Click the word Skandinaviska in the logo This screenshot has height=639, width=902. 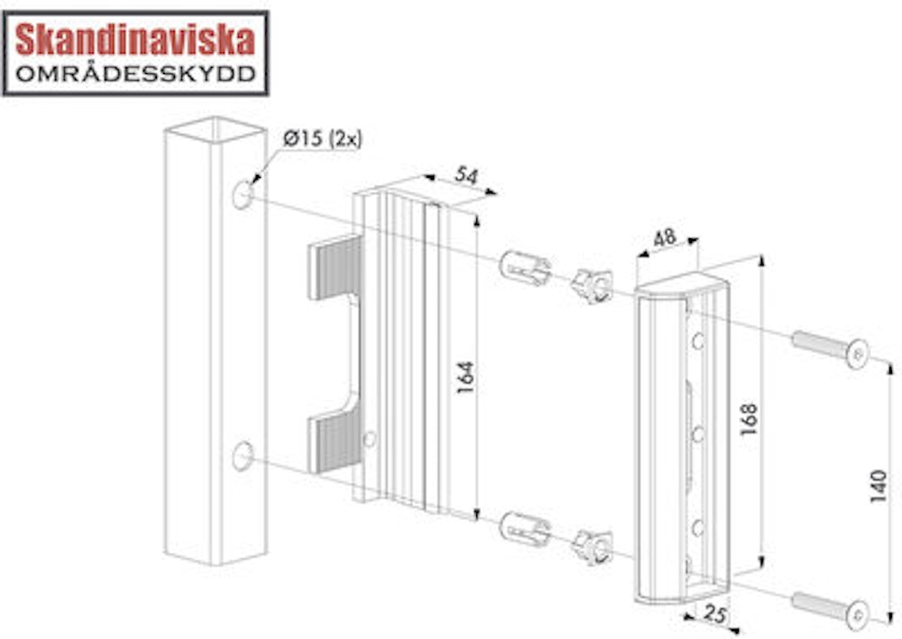[x=135, y=41]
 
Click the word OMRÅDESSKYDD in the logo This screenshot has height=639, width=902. [x=135, y=74]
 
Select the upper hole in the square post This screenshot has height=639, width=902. [x=242, y=194]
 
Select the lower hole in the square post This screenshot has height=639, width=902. [x=242, y=456]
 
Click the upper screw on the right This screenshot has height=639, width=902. [x=830, y=348]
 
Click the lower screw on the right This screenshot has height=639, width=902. [x=830, y=608]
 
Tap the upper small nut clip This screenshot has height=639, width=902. [x=593, y=286]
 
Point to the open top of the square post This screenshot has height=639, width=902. [x=215, y=130]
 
